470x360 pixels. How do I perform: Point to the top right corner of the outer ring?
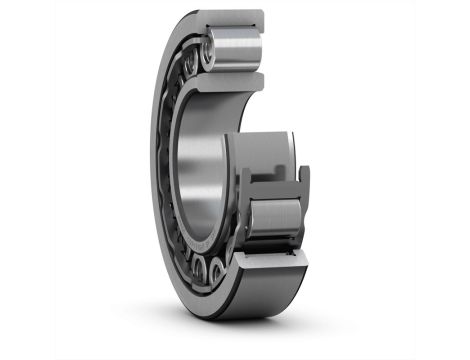coord(262,14)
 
